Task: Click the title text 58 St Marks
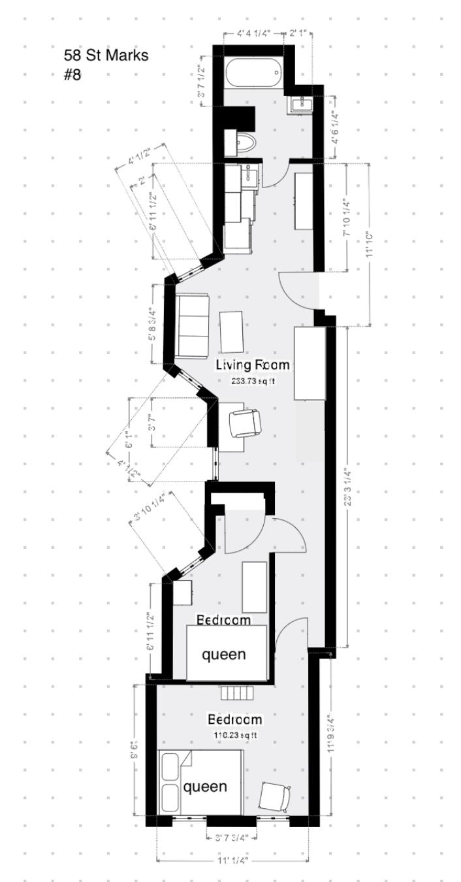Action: (106, 56)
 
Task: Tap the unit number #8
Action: (72, 74)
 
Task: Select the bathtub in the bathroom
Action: (253, 73)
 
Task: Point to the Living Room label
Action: (252, 365)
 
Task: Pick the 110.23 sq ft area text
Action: (235, 735)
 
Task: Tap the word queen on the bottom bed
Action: (205, 787)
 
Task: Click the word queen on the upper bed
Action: (223, 654)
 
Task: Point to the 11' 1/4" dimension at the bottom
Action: (223, 860)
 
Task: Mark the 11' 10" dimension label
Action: (370, 244)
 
